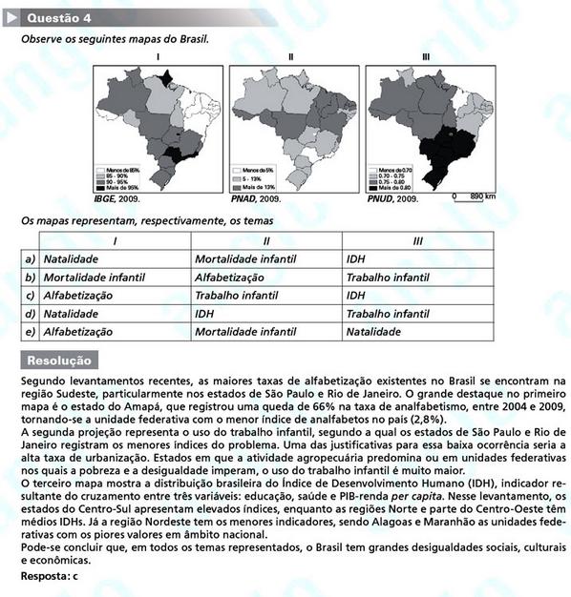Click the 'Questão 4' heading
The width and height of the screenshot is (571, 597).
tap(59, 17)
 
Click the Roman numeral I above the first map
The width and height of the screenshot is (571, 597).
tap(158, 58)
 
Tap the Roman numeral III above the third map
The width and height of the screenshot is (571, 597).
tap(425, 58)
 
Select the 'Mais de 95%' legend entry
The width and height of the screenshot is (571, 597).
tap(123, 188)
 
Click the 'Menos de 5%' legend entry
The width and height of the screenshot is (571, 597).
tap(258, 170)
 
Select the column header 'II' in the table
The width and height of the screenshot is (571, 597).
tap(265, 241)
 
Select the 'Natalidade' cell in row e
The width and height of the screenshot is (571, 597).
tap(373, 331)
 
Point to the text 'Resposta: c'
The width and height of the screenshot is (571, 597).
tap(50, 578)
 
